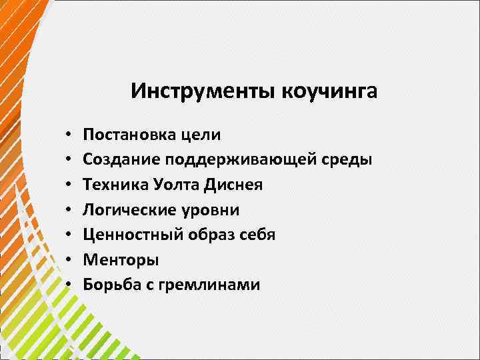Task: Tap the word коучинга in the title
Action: [329, 91]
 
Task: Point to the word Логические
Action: [124, 210]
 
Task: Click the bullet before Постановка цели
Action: [69, 135]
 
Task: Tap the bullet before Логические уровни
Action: [69, 211]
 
